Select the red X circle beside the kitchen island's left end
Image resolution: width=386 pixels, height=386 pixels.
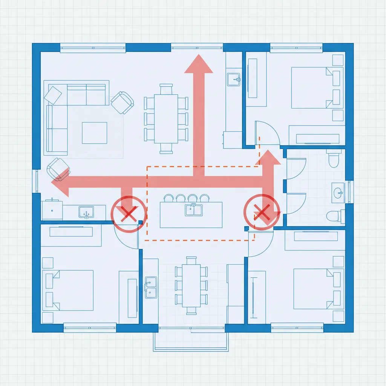[128, 214]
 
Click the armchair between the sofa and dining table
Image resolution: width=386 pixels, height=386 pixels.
[123, 102]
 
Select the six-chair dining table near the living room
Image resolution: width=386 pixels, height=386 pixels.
[166, 118]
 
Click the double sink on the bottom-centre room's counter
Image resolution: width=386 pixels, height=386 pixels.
[151, 286]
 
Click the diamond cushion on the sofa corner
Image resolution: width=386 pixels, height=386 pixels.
[53, 94]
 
